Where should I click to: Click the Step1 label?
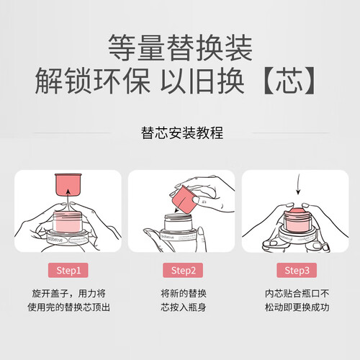point(68,270)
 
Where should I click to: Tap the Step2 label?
point(183,270)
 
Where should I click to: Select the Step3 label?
point(297,270)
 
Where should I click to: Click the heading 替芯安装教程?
point(182,132)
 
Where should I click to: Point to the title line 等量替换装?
point(180,48)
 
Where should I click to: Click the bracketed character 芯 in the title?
point(289,81)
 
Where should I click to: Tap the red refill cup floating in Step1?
point(68,184)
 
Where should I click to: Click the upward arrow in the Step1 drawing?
point(68,201)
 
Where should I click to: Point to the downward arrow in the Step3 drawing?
point(298,184)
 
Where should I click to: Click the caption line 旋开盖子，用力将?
point(68,293)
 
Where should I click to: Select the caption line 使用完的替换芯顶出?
point(68,307)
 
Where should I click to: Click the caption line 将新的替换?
point(184,293)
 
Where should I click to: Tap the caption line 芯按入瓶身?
point(184,307)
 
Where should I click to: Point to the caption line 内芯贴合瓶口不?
point(297,293)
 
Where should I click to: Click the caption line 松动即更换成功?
point(297,307)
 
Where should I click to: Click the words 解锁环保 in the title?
point(93,81)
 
